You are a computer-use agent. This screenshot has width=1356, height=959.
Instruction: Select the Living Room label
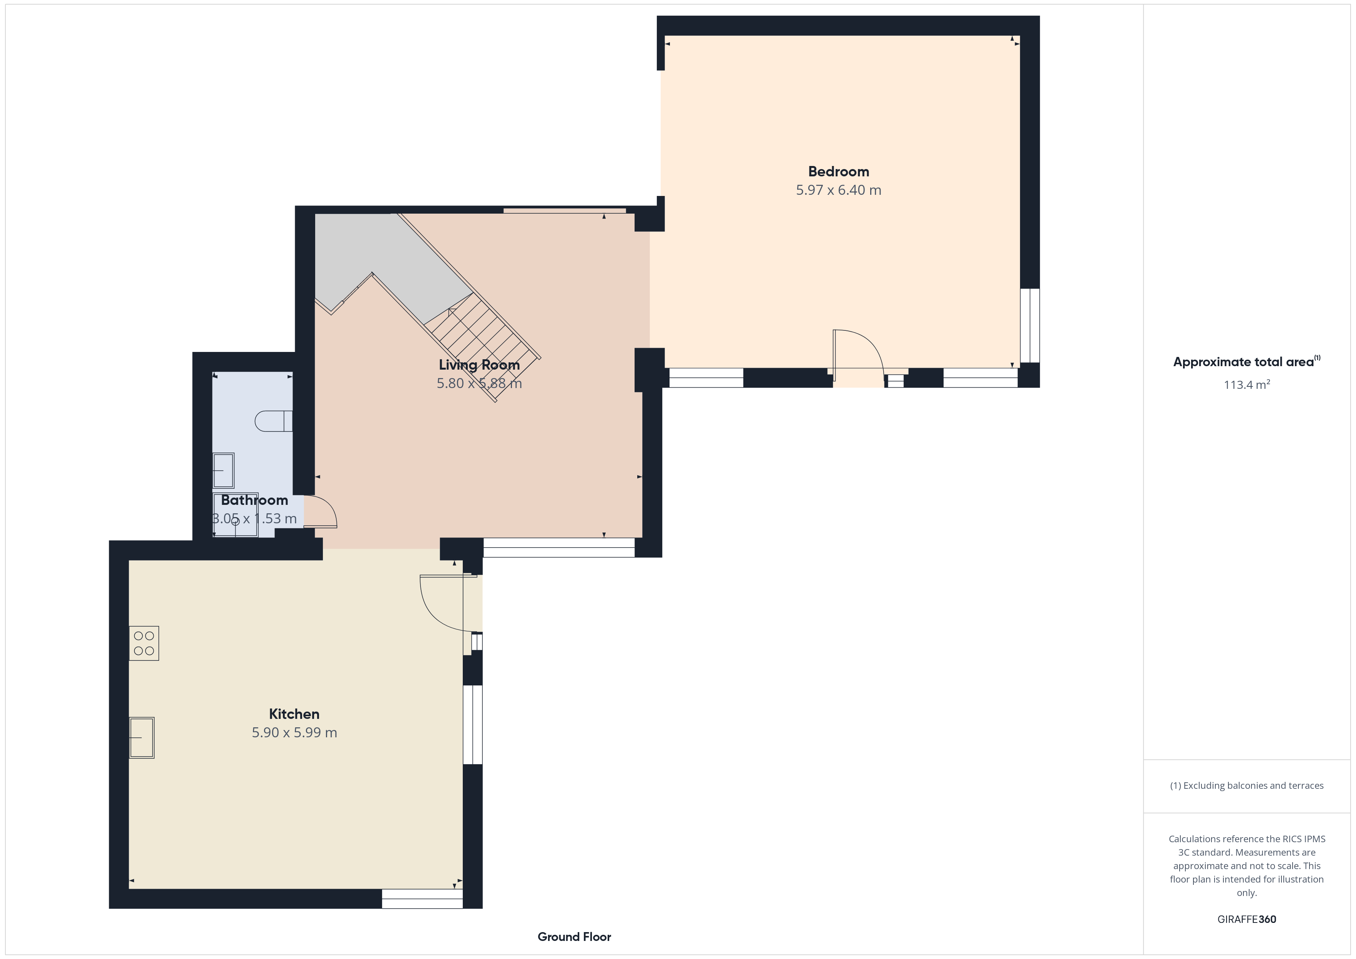click(x=479, y=365)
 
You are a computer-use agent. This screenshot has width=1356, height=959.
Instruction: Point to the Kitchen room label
click(x=294, y=714)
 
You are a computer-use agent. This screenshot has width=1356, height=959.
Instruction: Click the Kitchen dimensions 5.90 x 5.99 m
click(x=294, y=732)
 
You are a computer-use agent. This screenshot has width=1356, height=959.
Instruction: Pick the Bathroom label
click(x=254, y=500)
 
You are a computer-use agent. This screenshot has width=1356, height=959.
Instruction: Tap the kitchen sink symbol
click(x=142, y=738)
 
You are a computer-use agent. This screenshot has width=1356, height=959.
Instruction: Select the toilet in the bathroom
click(x=273, y=421)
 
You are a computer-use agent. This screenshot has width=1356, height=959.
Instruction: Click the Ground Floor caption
click(x=574, y=937)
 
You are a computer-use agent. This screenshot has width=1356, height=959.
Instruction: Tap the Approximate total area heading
click(x=1246, y=362)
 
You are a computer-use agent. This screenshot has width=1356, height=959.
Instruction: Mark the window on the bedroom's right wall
click(x=1030, y=325)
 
